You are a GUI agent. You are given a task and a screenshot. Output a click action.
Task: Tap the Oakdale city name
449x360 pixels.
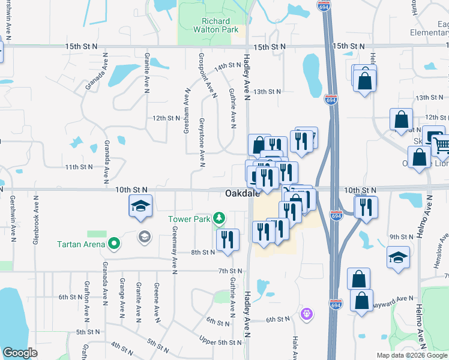pyautogui.click(x=243, y=194)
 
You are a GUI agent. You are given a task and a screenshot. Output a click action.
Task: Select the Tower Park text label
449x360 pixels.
pyautogui.click(x=188, y=219)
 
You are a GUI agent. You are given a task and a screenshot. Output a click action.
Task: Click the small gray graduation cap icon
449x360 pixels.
pyautogui.click(x=143, y=236)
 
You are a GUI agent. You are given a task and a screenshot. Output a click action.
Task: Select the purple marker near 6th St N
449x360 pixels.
pyautogui.click(x=307, y=313)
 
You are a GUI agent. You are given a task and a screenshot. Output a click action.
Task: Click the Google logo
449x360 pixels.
pyautogui.click(x=20, y=353)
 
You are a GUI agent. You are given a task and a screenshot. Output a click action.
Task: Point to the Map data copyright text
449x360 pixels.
pyautogui.click(x=411, y=355)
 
